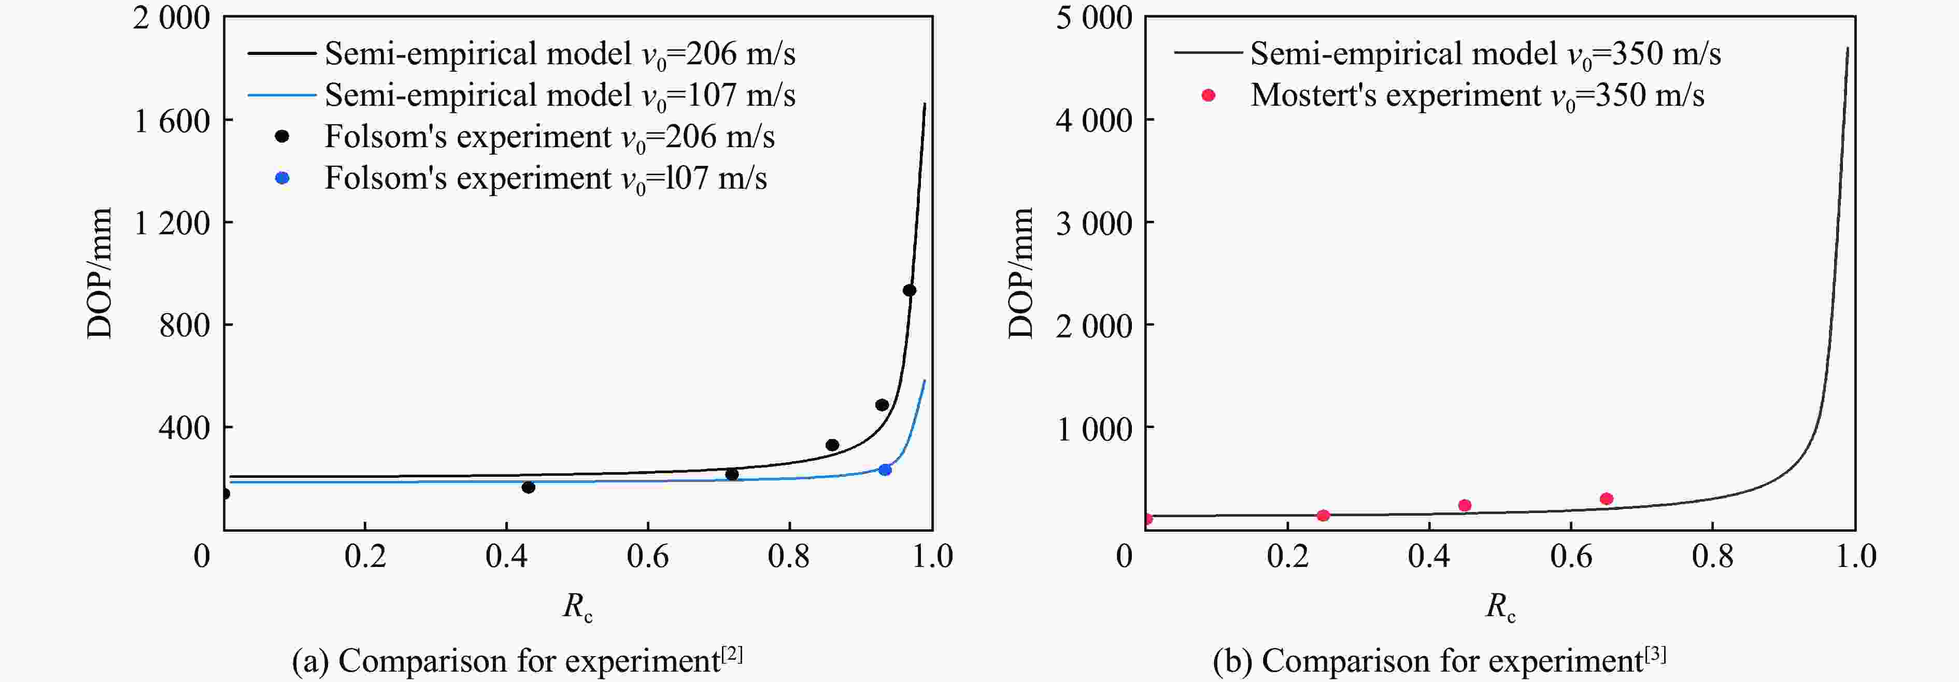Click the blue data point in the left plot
pyautogui.click(x=885, y=470)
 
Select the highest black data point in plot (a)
pyautogui.click(x=909, y=290)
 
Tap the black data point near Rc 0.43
pyautogui.click(x=529, y=487)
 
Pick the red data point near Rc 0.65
pyautogui.click(x=1606, y=499)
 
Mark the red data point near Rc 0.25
pyautogui.click(x=1323, y=516)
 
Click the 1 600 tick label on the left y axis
pyautogui.click(x=172, y=121)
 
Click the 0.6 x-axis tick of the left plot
pyautogui.click(x=647, y=557)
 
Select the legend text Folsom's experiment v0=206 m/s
pyautogui.click(x=549, y=137)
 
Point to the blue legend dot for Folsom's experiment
pyautogui.click(x=282, y=178)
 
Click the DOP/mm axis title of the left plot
pyautogui.click(x=100, y=272)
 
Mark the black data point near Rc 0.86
pyautogui.click(x=832, y=445)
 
